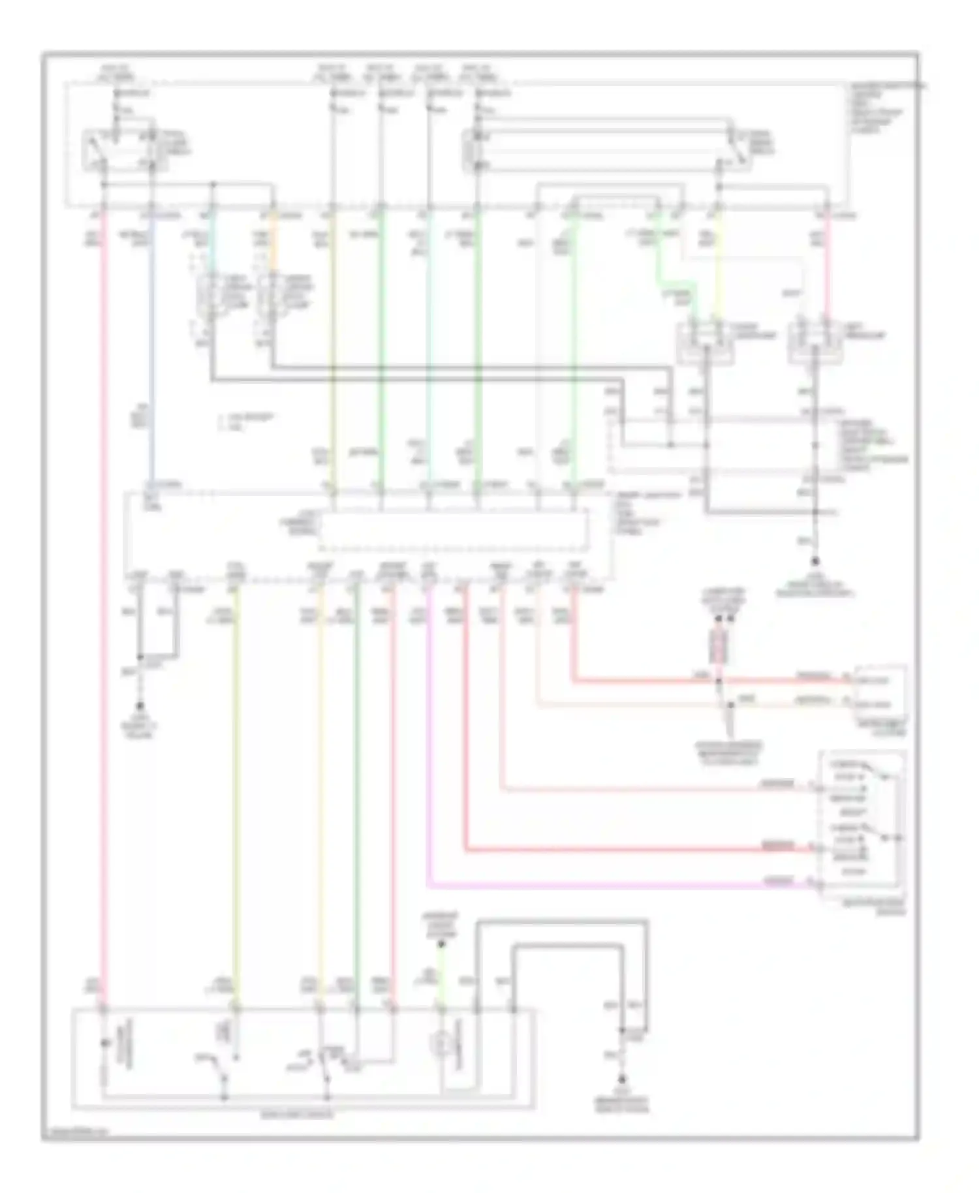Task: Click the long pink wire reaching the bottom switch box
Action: tap(104, 587)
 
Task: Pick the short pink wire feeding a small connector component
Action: tap(825, 274)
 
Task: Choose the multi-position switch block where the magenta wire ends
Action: tap(862, 826)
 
